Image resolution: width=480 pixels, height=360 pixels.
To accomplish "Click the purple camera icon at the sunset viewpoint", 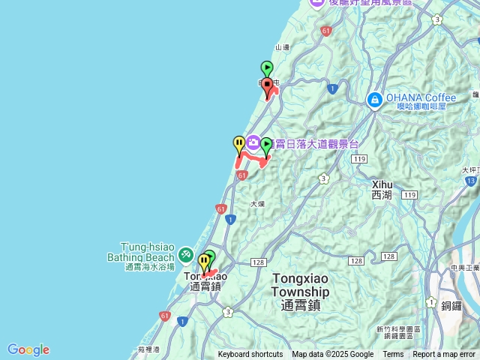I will tap(253, 142).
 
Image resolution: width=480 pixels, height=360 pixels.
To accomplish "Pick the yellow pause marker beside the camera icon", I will tap(239, 142).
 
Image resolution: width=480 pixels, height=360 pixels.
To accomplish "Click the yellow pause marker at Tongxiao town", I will tap(204, 262).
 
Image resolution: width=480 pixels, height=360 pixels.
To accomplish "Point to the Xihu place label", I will tap(382, 189).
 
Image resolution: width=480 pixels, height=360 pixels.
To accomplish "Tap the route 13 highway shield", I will tap(470, 181).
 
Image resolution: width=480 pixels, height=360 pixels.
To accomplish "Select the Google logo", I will tap(28, 349).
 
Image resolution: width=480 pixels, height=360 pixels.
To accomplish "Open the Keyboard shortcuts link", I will tap(250, 355).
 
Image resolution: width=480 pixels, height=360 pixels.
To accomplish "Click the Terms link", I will tap(393, 355).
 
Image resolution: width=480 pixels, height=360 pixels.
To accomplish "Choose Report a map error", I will tap(445, 355).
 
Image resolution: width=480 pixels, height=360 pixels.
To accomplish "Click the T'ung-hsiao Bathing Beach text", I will tap(147, 251).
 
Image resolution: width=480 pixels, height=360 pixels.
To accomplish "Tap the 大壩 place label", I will tap(257, 203).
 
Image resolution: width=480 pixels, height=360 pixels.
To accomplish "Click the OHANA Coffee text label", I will tap(421, 97).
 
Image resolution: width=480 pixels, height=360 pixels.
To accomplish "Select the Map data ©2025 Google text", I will tap(332, 355).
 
